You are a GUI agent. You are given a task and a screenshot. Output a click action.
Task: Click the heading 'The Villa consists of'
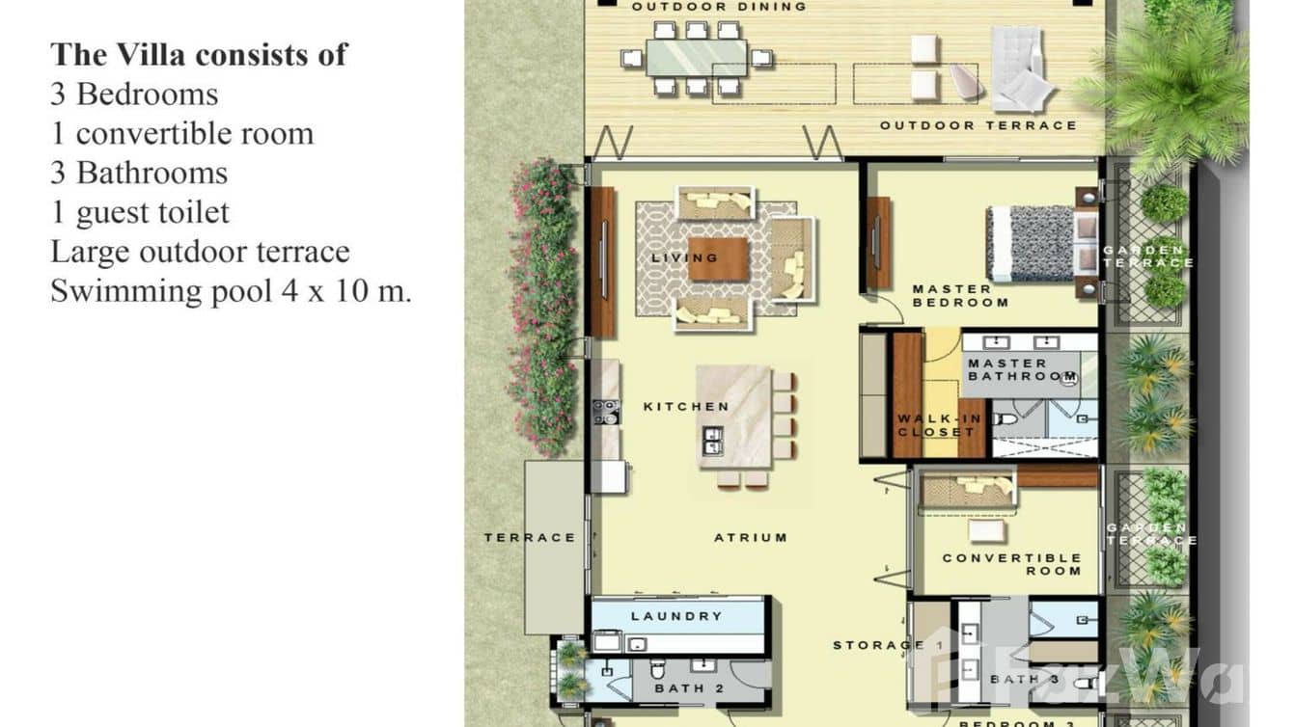[x=199, y=54]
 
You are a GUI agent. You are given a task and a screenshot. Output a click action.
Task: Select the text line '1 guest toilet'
[x=140, y=212]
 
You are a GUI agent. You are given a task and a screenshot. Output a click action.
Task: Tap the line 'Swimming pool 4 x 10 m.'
[x=231, y=291]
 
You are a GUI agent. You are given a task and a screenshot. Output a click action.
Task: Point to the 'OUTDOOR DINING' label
[x=719, y=7]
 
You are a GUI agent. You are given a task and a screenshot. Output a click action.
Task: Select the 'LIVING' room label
[x=684, y=257]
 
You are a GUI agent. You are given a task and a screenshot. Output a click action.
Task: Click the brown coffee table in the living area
[x=718, y=258]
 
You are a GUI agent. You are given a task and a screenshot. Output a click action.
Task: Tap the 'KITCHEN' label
[x=686, y=407]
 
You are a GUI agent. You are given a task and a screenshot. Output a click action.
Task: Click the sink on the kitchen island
[x=712, y=441]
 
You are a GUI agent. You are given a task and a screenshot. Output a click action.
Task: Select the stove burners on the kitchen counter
[x=605, y=412]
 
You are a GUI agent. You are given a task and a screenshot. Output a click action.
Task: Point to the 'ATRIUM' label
[x=751, y=538]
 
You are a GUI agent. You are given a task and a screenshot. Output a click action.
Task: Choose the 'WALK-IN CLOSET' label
[x=937, y=425]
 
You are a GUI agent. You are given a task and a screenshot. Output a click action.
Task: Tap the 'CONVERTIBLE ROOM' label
[x=1012, y=564]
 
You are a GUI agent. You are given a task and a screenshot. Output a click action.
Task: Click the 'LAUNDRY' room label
[x=676, y=616]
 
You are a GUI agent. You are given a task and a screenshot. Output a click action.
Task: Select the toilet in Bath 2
[x=658, y=667]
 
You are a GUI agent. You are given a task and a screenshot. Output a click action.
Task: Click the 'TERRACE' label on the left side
[x=530, y=538]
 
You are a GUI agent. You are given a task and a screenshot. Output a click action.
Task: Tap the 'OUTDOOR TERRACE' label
[x=978, y=125]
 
